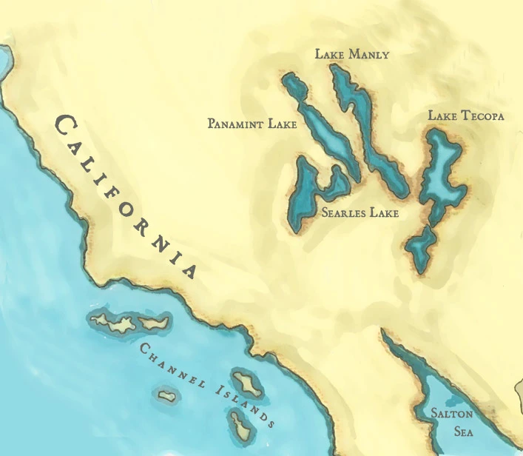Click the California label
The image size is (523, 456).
126,194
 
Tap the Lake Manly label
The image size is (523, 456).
351,55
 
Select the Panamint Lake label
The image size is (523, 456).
252,124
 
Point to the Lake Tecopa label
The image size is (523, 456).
466,116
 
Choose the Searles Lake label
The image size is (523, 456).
360,213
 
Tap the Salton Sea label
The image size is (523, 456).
453,423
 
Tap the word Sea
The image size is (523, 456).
453,431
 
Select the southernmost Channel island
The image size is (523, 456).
239,423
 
